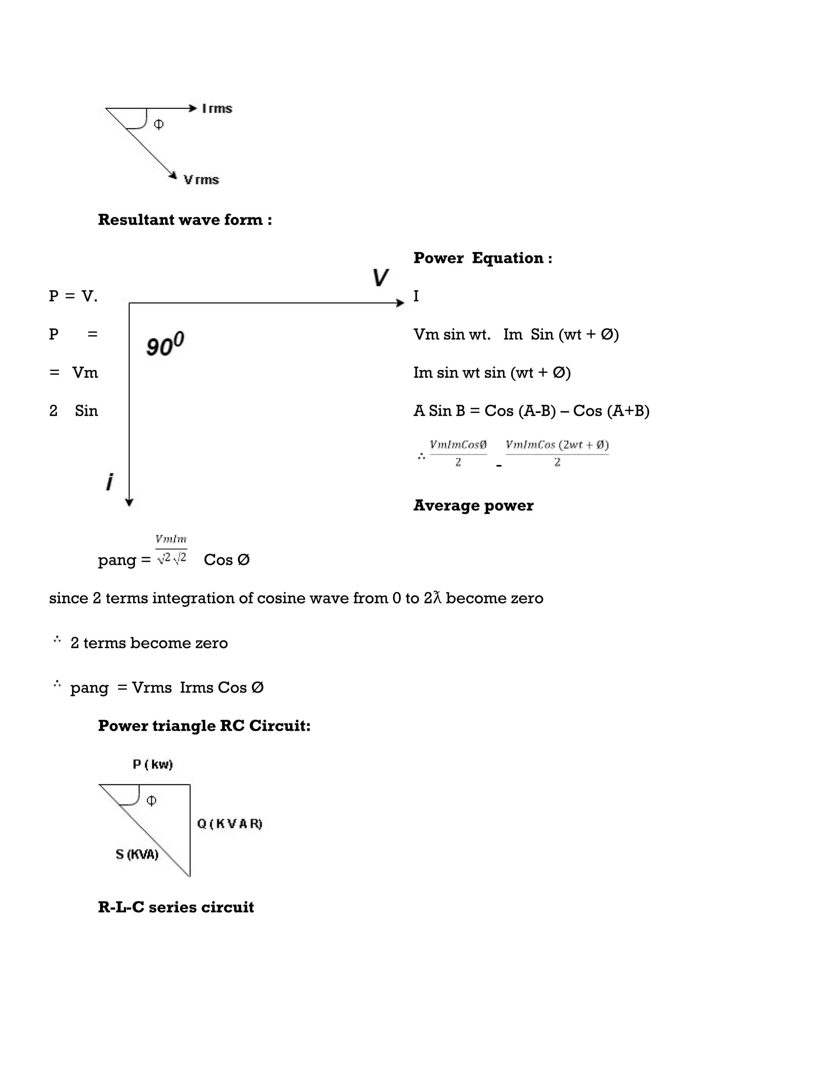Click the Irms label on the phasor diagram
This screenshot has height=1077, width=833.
217,109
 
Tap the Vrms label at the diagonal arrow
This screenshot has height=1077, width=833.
201,180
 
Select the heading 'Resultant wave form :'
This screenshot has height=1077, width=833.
185,219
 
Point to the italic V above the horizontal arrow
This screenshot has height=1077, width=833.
380,278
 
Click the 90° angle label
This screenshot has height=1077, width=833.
165,344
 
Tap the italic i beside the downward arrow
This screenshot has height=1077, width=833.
109,481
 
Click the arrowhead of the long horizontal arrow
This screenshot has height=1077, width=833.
400,303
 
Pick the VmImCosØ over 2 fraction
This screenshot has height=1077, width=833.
458,453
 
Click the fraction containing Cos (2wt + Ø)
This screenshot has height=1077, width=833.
557,453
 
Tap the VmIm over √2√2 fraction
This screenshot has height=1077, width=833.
171,549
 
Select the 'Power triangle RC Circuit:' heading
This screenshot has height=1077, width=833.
204,725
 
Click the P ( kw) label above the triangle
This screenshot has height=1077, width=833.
153,764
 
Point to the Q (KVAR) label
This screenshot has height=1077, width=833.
229,823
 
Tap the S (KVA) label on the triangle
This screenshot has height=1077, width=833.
137,855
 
